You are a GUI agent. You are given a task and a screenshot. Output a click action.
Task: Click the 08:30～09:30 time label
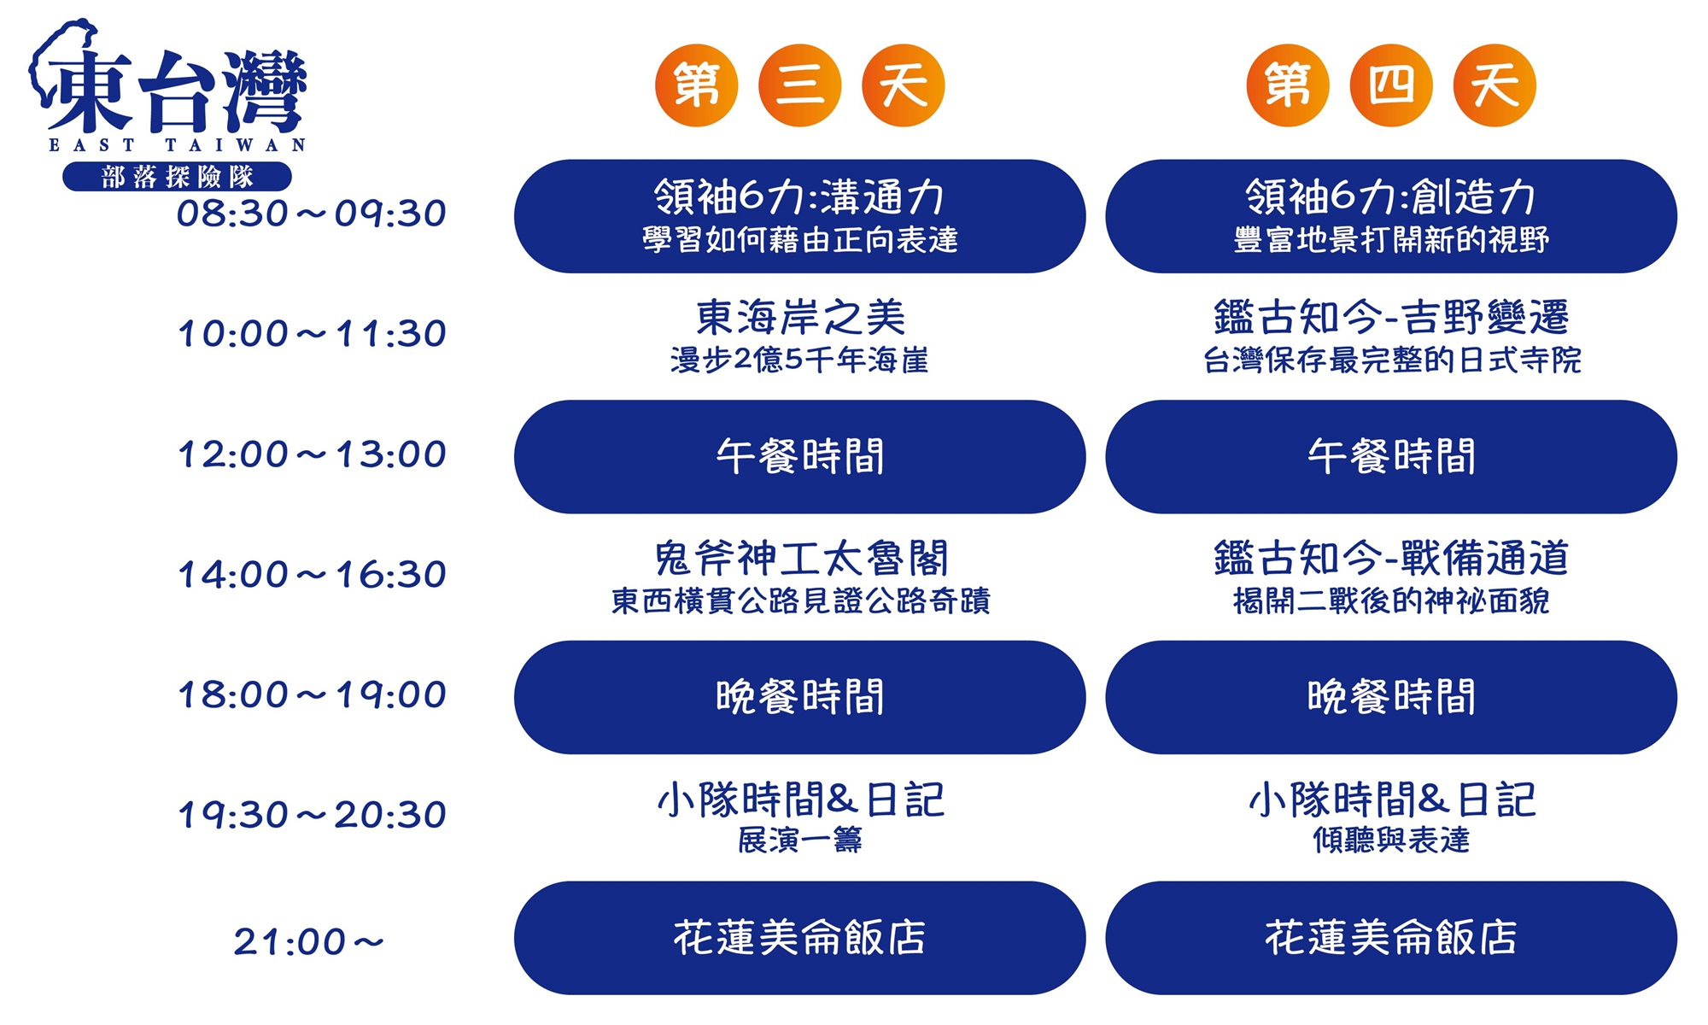click(x=312, y=214)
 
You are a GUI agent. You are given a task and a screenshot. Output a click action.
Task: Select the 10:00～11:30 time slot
click(x=312, y=334)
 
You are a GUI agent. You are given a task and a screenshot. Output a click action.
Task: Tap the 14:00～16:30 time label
click(x=312, y=575)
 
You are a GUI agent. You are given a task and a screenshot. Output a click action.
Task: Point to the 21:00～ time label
click(x=309, y=942)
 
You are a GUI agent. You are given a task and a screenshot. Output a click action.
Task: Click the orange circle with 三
click(x=800, y=85)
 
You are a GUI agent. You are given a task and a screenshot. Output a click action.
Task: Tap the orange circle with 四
click(x=1391, y=85)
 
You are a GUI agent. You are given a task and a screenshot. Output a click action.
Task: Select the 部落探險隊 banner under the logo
click(x=178, y=177)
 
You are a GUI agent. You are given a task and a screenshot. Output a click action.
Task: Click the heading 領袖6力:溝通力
click(x=799, y=196)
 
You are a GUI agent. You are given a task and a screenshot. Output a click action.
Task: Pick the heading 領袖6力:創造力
click(x=1391, y=196)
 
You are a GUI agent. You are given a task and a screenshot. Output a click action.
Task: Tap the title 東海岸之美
click(x=800, y=318)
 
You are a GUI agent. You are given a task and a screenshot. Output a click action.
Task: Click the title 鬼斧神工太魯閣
click(x=800, y=559)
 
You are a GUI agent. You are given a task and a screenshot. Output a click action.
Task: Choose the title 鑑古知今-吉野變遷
click(x=1391, y=318)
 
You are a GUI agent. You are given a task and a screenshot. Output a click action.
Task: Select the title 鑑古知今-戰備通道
click(x=1391, y=559)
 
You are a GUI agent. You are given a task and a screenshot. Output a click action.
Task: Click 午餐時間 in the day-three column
click(x=800, y=457)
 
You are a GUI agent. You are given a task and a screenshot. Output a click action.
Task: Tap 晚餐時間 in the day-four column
click(x=1391, y=698)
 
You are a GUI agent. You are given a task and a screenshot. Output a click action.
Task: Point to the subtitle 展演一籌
click(x=800, y=840)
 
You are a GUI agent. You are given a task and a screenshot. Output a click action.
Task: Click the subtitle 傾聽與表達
click(x=1391, y=840)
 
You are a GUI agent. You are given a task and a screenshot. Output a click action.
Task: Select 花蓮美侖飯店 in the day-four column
click(x=1391, y=938)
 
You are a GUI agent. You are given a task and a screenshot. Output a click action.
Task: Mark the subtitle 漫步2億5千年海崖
click(x=799, y=360)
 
